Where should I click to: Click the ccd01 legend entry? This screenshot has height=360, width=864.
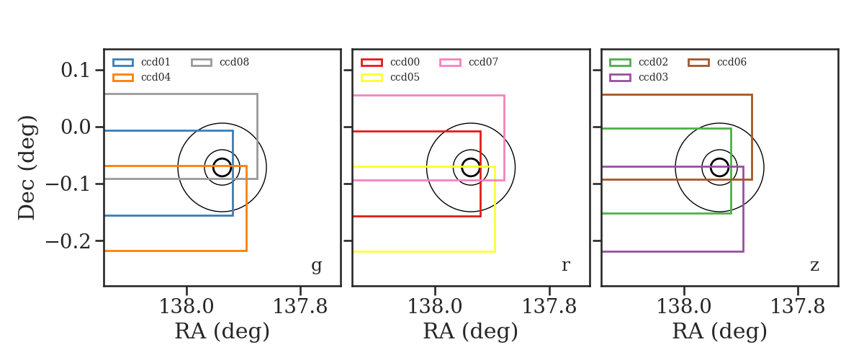coord(142,62)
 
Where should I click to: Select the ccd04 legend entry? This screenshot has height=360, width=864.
coord(142,78)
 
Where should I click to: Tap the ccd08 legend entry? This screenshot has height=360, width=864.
coord(220,62)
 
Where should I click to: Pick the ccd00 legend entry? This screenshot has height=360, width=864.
coord(390,62)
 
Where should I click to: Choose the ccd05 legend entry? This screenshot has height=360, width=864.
coord(390,78)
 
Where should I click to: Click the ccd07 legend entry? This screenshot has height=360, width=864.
coord(469,62)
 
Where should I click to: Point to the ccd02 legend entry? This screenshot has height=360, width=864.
coord(639,62)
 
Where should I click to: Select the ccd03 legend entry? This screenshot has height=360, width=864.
coord(639,78)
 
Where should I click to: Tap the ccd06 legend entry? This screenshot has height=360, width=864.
coord(717,62)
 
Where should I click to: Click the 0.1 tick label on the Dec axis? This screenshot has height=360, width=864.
coord(75,71)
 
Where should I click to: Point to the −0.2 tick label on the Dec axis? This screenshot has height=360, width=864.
coord(68,241)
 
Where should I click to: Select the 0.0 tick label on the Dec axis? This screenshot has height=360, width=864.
coord(75,127)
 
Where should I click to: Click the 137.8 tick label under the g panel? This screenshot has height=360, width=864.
coord(300,307)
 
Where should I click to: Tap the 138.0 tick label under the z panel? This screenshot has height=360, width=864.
coord(683,307)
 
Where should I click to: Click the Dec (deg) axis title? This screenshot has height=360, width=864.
coord(27,168)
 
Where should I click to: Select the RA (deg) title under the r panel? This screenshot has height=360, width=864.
coord(471,331)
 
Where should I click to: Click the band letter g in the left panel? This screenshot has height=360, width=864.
coord(316,266)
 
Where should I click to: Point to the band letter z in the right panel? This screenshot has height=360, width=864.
coord(814,266)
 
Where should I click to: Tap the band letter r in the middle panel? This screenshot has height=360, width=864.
coord(565,266)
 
